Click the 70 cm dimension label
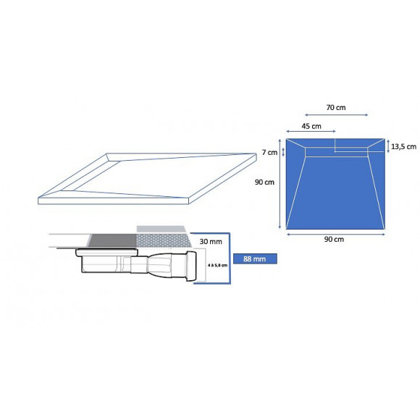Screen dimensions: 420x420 [335, 107]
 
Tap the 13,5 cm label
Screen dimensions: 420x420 [403, 146]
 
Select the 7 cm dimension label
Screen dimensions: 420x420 [267, 152]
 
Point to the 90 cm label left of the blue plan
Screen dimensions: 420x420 [264, 182]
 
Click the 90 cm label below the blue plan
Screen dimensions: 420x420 [334, 239]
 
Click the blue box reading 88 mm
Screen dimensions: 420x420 [255, 258]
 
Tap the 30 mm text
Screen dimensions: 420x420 [211, 240]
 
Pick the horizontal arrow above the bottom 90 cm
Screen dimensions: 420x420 [334, 232]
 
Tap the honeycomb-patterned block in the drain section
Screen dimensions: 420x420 [162, 240]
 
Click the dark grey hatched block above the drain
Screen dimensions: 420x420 [112, 240]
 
